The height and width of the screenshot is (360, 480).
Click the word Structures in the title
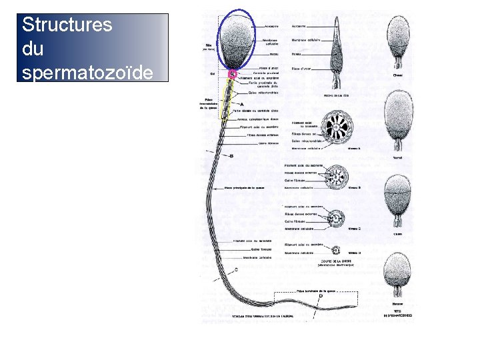pyautogui.click(x=67, y=25)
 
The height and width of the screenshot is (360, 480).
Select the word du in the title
pyautogui.click(x=33, y=49)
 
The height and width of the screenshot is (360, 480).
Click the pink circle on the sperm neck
pyautogui.click(x=233, y=74)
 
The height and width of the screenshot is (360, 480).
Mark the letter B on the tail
pyautogui.click(x=231, y=156)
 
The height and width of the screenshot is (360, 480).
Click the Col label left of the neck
pyautogui.click(x=212, y=73)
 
